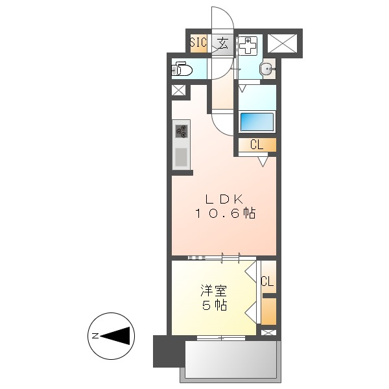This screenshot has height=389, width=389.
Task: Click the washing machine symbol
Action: (248, 47)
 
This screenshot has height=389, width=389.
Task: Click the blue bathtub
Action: (257, 121)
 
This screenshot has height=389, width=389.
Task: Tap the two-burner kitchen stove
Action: (181, 131)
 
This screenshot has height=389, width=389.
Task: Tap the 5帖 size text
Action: (213, 306)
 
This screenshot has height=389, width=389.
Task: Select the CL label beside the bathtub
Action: (257, 145)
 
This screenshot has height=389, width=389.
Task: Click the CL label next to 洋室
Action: (267, 281)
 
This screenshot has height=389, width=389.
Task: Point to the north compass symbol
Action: (111, 336)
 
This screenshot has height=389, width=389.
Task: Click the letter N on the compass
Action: (95, 336)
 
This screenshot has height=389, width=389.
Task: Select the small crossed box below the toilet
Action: (178, 90)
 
